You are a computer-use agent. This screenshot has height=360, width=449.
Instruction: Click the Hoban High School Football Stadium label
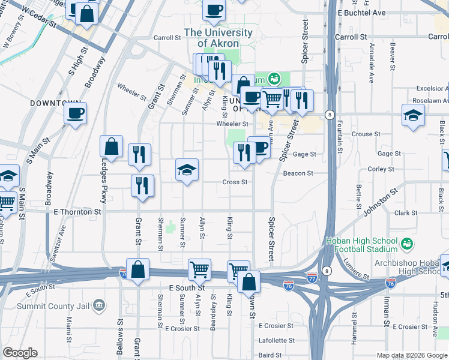[361, 244]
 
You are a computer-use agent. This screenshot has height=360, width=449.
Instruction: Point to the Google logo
[20, 353]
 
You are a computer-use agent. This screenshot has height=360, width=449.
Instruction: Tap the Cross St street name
[235, 182]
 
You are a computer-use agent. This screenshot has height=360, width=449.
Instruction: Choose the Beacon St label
[298, 173]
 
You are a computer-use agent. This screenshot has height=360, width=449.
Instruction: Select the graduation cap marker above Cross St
[187, 171]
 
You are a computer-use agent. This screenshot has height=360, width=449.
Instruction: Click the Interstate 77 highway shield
[312, 277]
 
